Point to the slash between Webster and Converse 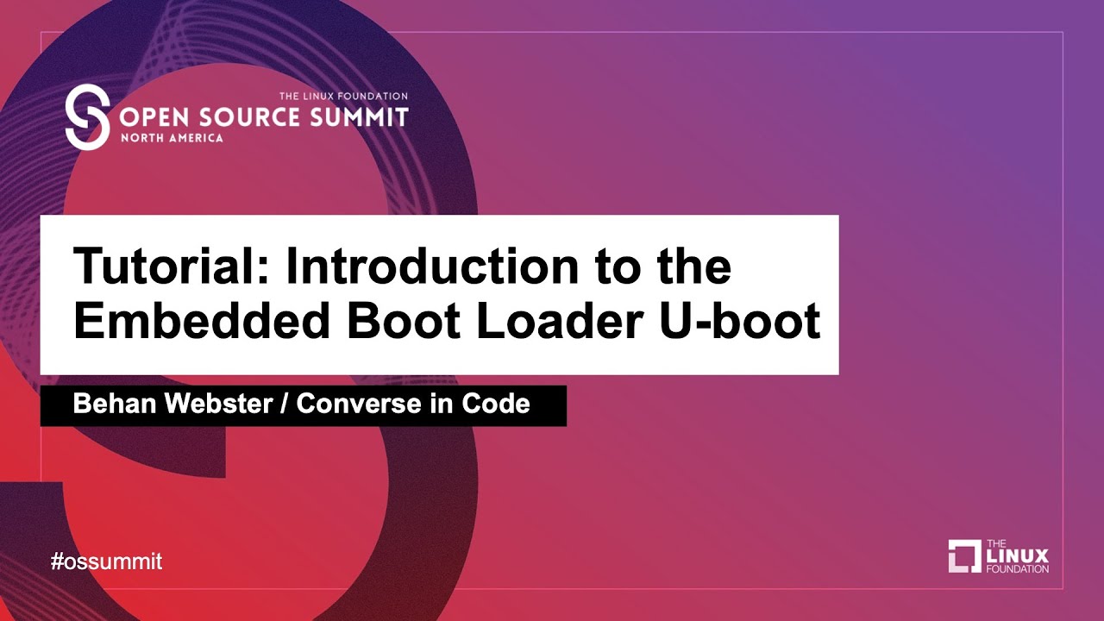(x=284, y=404)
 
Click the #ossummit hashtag (x=106, y=561)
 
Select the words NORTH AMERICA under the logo (x=172, y=138)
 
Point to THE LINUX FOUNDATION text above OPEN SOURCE (x=342, y=97)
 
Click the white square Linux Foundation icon (x=964, y=556)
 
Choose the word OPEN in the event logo (x=156, y=116)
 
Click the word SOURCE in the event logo (x=249, y=116)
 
